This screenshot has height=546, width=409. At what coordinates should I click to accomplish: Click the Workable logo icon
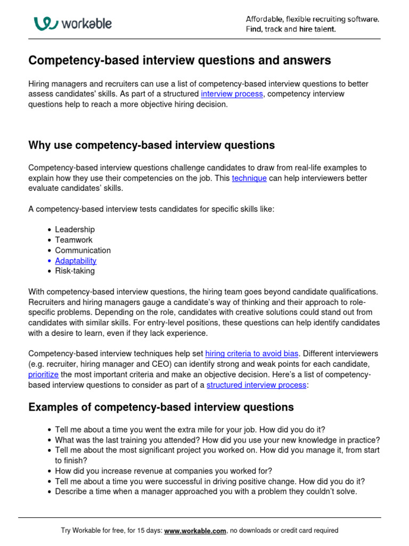point(44,24)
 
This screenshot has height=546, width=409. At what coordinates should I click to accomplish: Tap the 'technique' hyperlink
point(249,178)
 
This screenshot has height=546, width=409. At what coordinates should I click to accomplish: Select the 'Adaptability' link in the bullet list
point(76,261)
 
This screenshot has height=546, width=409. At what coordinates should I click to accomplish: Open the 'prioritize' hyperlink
point(44,374)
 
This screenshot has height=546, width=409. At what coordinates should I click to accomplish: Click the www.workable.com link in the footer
point(195,531)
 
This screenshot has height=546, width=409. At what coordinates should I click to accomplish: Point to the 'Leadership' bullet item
point(75,229)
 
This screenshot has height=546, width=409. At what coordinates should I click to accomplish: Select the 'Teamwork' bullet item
point(73,240)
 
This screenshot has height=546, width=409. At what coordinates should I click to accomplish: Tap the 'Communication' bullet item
point(83,250)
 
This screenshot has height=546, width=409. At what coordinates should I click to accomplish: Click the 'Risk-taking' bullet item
point(75,271)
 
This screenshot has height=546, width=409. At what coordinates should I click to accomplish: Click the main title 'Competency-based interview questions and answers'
point(179,61)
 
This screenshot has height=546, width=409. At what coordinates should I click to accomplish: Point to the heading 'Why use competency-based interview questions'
point(151,145)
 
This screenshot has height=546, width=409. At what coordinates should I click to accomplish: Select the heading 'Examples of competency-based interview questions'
point(161,407)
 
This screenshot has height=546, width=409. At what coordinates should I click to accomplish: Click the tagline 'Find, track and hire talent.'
point(291,29)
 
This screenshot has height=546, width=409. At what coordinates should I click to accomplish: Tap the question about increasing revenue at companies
point(163,471)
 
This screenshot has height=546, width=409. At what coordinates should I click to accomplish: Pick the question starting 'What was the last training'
point(217,440)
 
